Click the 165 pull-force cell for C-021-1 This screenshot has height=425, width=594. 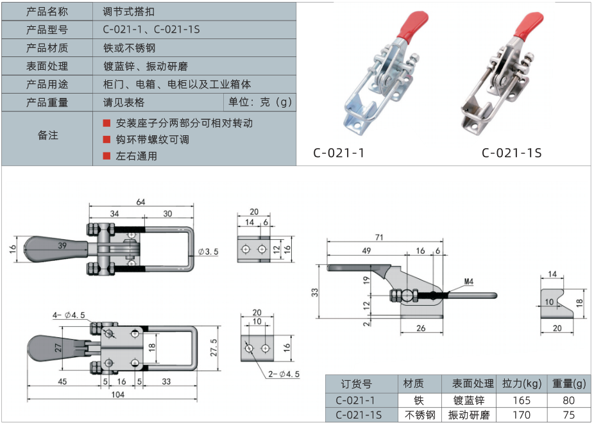(x=522, y=400)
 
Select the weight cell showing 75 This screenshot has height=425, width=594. (x=568, y=415)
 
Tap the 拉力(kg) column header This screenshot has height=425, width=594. (x=522, y=384)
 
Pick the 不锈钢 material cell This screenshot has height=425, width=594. (x=420, y=415)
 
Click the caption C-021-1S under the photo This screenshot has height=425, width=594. (x=511, y=153)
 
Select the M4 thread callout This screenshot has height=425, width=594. (x=469, y=281)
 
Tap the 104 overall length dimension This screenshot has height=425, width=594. (x=118, y=394)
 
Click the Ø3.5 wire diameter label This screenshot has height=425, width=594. (x=208, y=252)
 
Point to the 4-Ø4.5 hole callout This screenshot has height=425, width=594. (x=69, y=315)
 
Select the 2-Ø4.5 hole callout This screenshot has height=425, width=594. (x=284, y=374)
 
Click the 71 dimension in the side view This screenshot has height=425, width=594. (x=379, y=237)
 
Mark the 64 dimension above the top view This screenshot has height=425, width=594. (x=140, y=202)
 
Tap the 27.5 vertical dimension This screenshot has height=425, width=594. (x=214, y=347)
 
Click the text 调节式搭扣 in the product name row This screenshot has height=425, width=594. (x=129, y=12)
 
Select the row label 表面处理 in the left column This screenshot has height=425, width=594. (x=47, y=66)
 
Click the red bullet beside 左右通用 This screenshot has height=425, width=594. (x=106, y=156)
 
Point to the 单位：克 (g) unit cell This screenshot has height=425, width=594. (x=260, y=102)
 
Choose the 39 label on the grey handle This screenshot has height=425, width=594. (x=62, y=246)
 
